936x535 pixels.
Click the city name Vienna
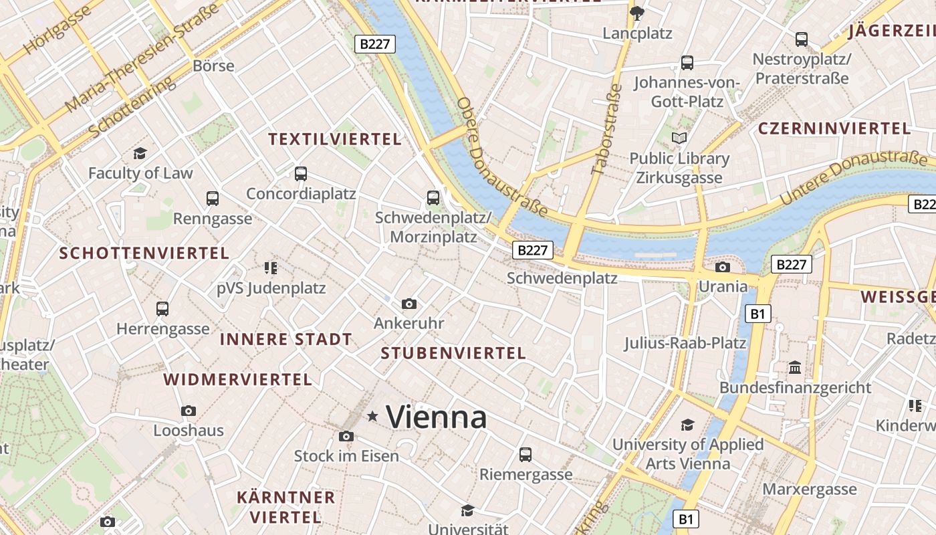point(437,417)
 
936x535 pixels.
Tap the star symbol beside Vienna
point(373,417)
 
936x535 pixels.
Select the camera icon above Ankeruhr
point(409,304)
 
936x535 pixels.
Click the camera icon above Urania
point(723,267)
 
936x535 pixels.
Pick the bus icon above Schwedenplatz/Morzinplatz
point(433,198)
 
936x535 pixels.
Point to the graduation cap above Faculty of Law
point(140,154)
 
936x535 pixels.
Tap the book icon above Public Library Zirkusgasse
point(679,138)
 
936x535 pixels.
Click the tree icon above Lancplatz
point(637,13)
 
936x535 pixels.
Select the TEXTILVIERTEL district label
point(335,139)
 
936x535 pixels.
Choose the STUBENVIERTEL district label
point(453,353)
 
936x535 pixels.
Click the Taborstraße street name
point(607,130)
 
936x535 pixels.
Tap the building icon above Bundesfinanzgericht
point(795,368)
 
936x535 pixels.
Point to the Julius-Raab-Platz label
point(685,343)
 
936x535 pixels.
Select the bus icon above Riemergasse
point(525,455)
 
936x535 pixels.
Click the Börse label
point(213,66)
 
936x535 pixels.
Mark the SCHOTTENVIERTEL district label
point(144,253)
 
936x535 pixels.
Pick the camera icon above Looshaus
point(189,411)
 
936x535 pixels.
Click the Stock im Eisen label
point(346,456)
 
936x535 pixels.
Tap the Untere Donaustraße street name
point(854,177)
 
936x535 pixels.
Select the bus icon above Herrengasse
point(162,308)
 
